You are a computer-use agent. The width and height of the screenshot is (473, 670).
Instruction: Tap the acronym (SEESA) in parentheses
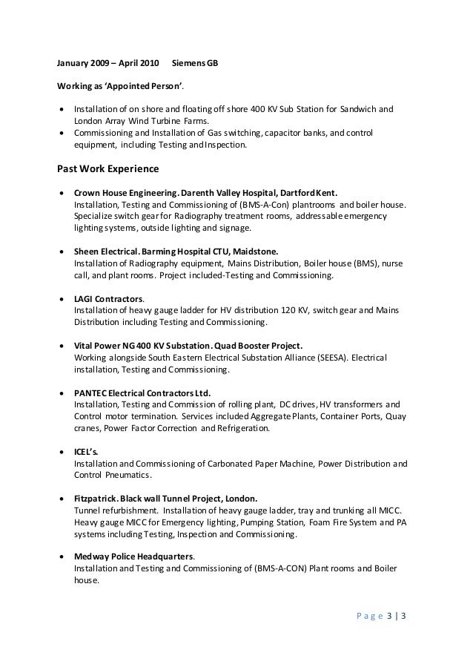[x=326, y=358]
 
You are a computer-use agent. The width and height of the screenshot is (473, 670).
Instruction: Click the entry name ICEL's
[x=85, y=453]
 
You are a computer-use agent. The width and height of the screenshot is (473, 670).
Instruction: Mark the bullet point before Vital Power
[x=61, y=346]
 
